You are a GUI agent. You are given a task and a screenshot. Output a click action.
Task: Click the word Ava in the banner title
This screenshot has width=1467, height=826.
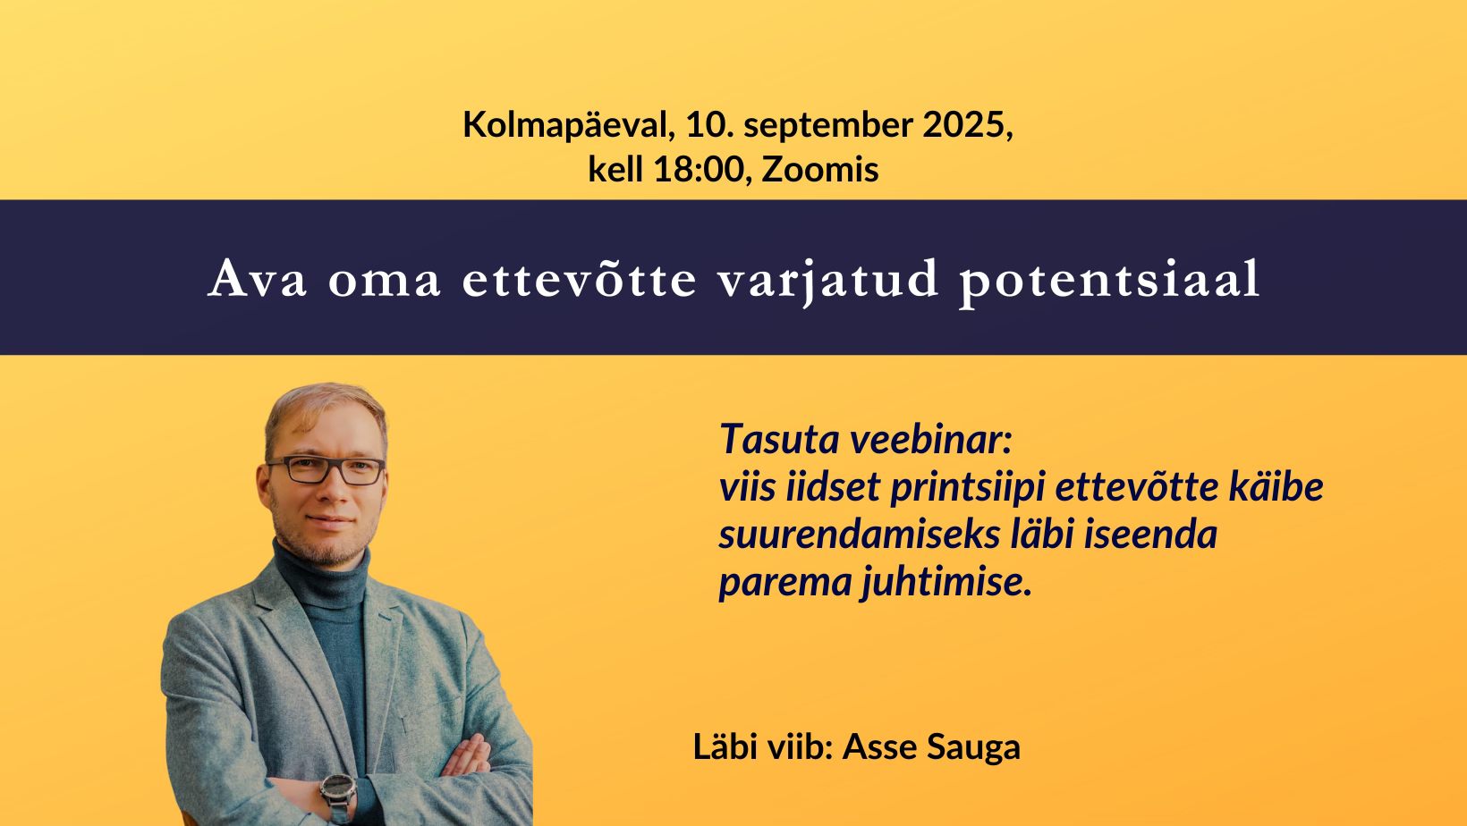click(258, 280)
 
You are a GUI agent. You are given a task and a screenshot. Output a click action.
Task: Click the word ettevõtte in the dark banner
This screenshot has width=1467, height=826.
click(580, 280)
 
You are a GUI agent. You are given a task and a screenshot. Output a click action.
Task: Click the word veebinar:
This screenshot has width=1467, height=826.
click(930, 439)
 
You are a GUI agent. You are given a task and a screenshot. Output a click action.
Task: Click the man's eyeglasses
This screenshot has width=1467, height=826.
click(326, 470)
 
